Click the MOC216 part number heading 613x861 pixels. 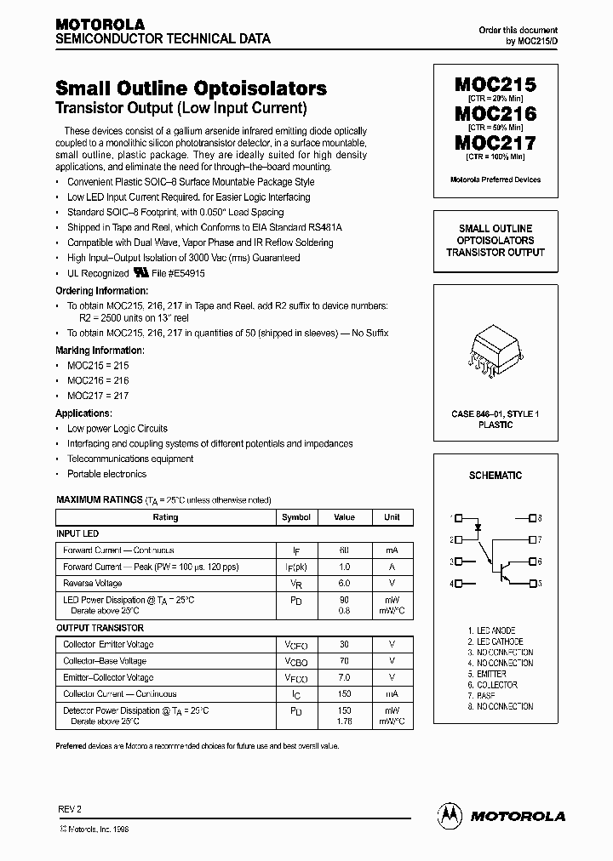pos(495,113)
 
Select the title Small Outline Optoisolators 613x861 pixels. pos(191,88)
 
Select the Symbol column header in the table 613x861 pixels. pos(296,517)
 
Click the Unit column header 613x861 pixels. pos(392,517)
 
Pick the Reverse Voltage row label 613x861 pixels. pos(92,584)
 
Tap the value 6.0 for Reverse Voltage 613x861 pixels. pos(344,584)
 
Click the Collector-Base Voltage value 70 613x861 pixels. pos(344,661)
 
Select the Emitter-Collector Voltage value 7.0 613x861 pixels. pos(344,678)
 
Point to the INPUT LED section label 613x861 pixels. pos(77,533)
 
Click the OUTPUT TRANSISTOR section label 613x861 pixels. pos(93,628)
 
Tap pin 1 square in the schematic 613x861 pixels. pos(459,517)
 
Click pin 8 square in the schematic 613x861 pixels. pos(532,517)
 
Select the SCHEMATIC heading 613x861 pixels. pos(495,476)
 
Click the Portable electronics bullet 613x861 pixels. pos(106,474)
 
